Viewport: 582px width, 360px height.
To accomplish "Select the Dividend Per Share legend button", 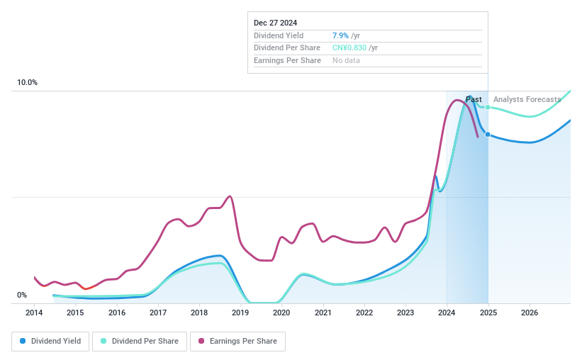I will click(x=140, y=341).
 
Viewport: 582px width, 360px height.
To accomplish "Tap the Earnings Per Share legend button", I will click(x=237, y=341).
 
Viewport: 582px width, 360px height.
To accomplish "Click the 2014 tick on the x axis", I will click(x=34, y=313).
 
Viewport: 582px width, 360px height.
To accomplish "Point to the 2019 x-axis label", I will click(x=240, y=313).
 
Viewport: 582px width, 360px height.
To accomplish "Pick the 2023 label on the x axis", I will click(x=405, y=313).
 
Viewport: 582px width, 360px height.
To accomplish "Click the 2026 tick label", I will click(x=529, y=313).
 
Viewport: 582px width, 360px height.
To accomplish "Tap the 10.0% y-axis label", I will click(x=28, y=83).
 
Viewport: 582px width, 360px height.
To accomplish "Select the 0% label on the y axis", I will click(x=22, y=296).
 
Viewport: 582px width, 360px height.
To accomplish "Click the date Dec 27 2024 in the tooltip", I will click(x=276, y=23).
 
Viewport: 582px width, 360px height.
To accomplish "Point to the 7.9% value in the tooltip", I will click(x=340, y=35).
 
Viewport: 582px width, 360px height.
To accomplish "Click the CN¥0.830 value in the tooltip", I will click(x=349, y=47).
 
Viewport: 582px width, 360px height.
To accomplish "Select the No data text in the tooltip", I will click(x=346, y=60).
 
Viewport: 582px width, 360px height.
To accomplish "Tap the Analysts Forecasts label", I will click(x=527, y=99).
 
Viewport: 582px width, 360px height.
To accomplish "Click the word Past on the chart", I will click(x=474, y=99).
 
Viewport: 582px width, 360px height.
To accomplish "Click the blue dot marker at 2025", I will click(x=488, y=134).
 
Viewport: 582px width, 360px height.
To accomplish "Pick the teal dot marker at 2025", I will click(x=488, y=107).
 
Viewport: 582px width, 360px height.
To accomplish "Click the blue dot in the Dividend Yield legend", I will click(x=23, y=341).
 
